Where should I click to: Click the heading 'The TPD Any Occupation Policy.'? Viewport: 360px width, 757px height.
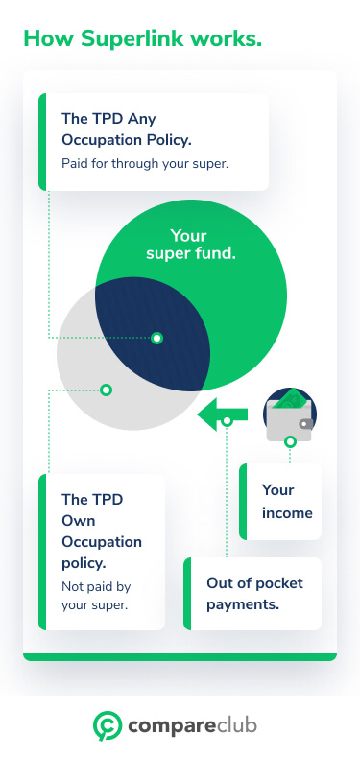point(127,130)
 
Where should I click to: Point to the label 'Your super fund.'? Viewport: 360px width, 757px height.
point(190,245)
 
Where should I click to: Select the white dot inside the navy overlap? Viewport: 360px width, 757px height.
point(156,338)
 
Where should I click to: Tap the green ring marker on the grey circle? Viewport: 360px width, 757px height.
point(106,390)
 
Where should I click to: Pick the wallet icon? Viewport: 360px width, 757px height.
point(290,414)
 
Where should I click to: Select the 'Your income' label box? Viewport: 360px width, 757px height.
point(281,501)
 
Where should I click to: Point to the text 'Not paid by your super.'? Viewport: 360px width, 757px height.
point(94,596)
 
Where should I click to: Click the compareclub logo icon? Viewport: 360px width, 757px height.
point(106,724)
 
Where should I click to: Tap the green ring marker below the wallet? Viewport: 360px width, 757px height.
point(290,442)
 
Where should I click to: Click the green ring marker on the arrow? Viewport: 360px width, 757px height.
point(227,420)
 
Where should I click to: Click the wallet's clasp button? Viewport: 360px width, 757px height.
point(305,423)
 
